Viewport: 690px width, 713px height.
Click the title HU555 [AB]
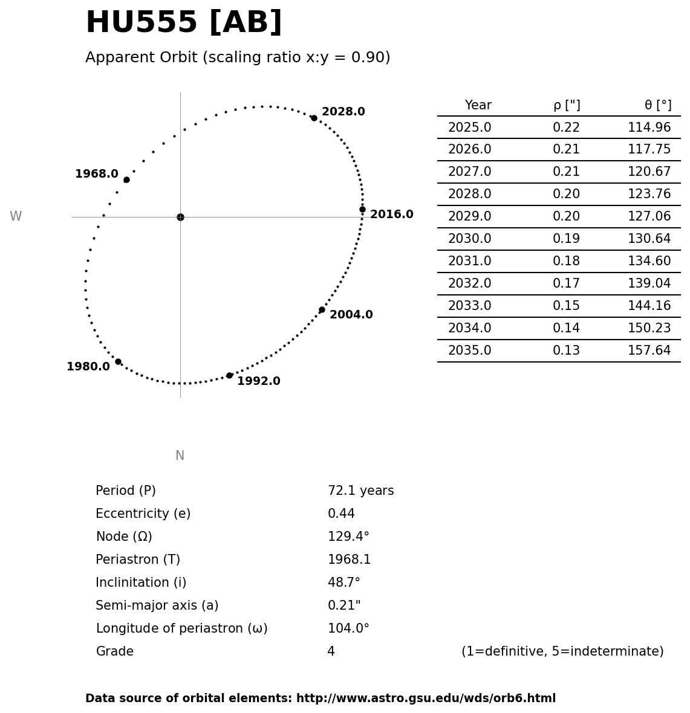pyautogui.click(x=183, y=23)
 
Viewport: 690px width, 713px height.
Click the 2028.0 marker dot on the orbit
pyautogui.click(x=314, y=118)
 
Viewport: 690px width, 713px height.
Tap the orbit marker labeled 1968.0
pyautogui.click(x=126, y=179)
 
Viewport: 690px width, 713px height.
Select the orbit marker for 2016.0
pyautogui.click(x=362, y=209)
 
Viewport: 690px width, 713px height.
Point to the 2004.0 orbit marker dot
pyautogui.click(x=322, y=309)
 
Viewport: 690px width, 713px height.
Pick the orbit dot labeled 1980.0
pyautogui.click(x=118, y=361)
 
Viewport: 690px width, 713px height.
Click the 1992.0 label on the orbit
pyautogui.click(x=258, y=381)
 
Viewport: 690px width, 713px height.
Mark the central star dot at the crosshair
pyautogui.click(x=180, y=217)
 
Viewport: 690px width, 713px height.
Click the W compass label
pyautogui.click(x=16, y=216)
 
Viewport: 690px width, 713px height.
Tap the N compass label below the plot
pyautogui.click(x=180, y=456)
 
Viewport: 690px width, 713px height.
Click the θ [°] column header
pyautogui.click(x=657, y=105)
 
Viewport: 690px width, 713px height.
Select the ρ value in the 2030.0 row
pyautogui.click(x=566, y=239)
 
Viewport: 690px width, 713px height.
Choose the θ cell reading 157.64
pyautogui.click(x=649, y=351)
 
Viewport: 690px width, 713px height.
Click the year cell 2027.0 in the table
pyautogui.click(x=469, y=172)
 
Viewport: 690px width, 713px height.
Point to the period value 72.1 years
pyautogui.click(x=360, y=491)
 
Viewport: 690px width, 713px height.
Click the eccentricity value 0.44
pyautogui.click(x=341, y=514)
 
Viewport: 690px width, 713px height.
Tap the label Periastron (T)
pyautogui.click(x=138, y=560)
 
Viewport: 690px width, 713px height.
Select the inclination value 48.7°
pyautogui.click(x=343, y=583)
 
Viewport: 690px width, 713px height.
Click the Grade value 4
pyautogui.click(x=331, y=652)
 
